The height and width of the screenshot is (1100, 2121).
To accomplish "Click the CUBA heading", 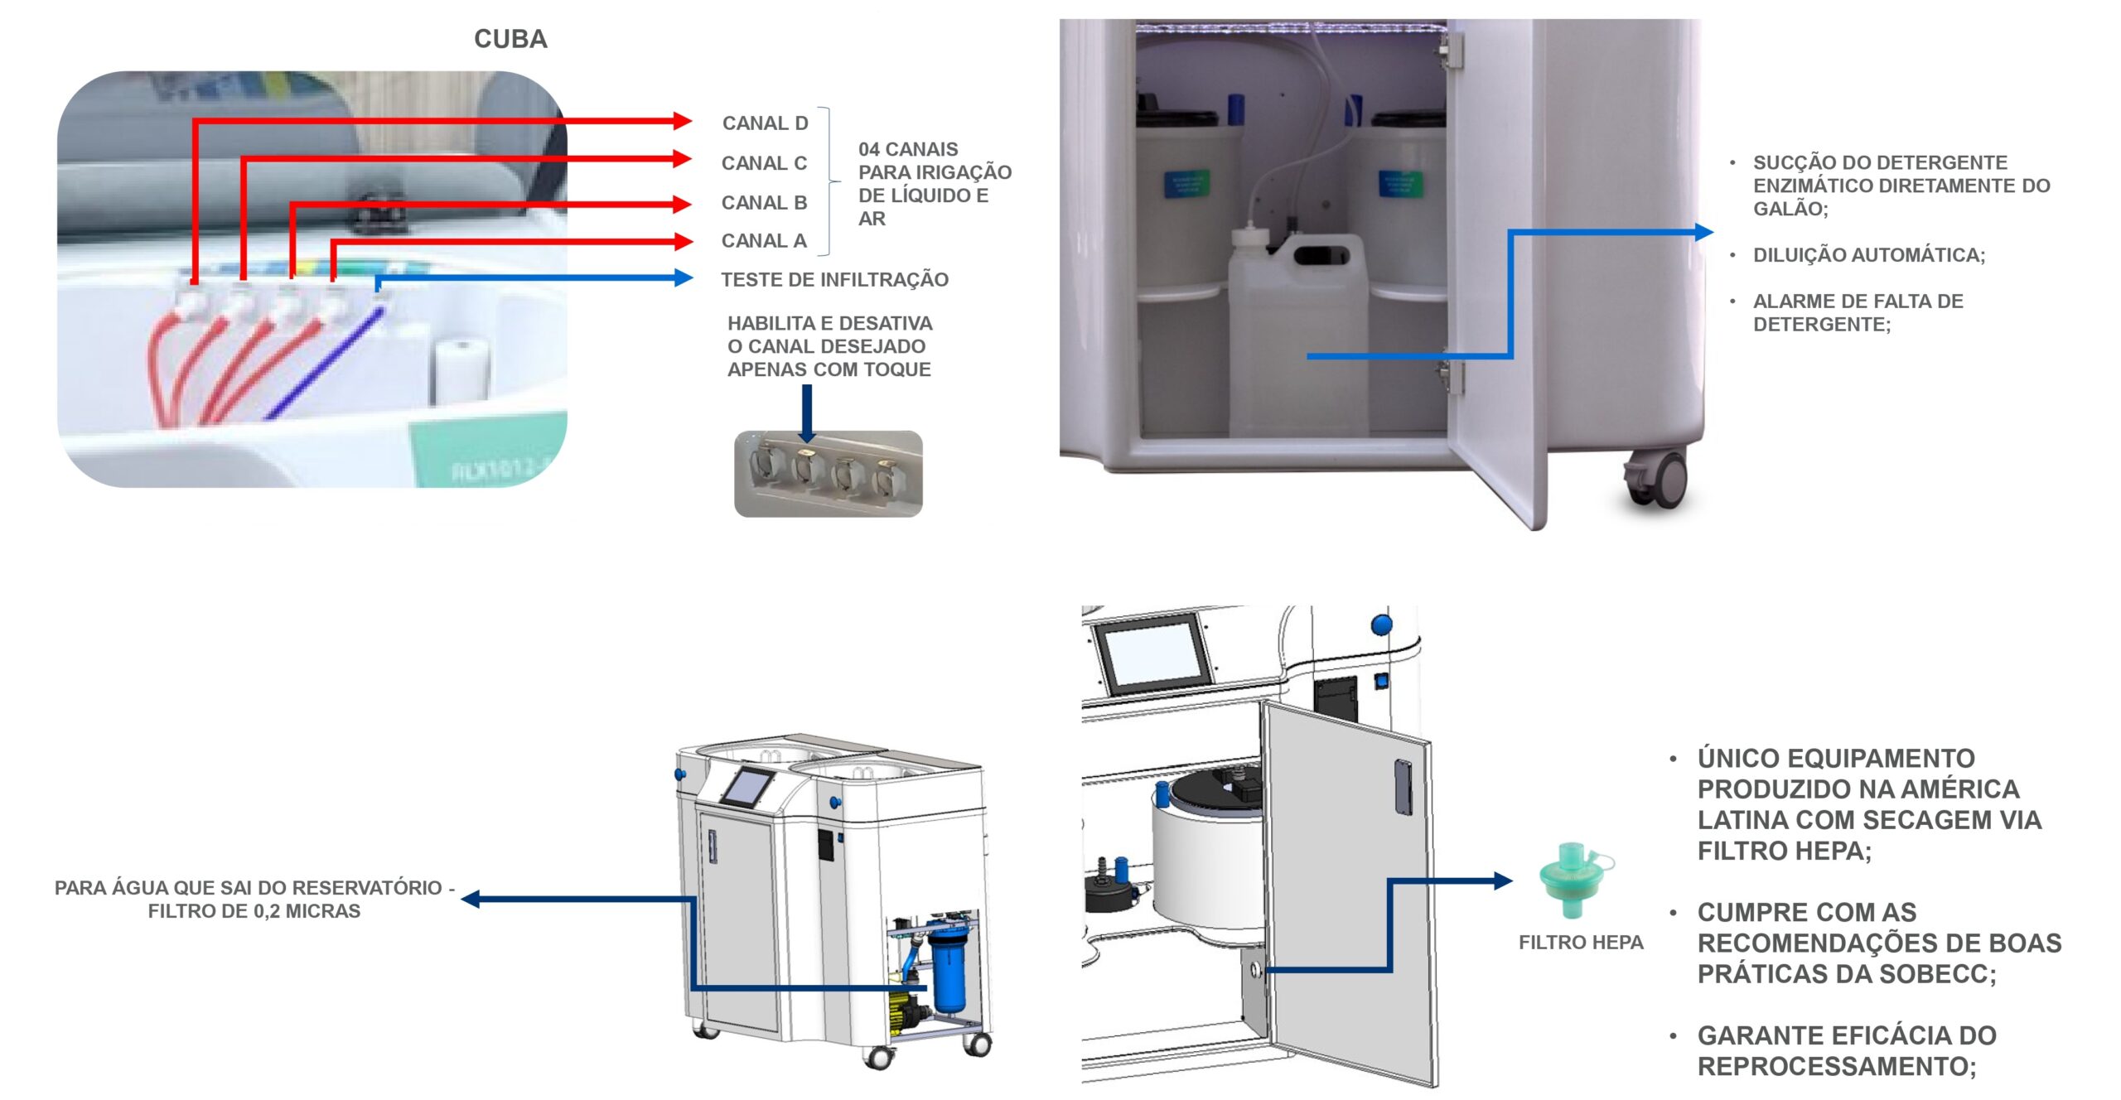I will click(510, 39).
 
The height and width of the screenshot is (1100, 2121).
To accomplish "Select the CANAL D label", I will click(765, 123).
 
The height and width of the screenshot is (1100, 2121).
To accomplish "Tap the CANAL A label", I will click(763, 241).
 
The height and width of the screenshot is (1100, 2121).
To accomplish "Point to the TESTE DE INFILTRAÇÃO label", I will click(834, 280).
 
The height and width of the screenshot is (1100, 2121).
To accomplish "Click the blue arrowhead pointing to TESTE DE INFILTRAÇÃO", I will click(684, 277).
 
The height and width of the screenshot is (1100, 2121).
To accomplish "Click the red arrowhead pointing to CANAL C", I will click(683, 158).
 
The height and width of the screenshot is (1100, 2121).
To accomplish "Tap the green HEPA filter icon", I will click(1574, 879).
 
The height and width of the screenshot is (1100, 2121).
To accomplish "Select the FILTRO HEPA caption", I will click(1581, 943).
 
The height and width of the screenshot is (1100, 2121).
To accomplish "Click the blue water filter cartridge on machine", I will click(947, 969).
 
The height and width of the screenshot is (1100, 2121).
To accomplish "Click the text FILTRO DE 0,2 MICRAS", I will click(254, 911).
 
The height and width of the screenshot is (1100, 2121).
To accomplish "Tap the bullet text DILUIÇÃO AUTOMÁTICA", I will click(1868, 255).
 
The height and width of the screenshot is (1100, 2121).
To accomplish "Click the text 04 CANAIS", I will click(908, 150).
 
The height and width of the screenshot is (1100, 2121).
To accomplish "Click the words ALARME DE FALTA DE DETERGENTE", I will click(1858, 312).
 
